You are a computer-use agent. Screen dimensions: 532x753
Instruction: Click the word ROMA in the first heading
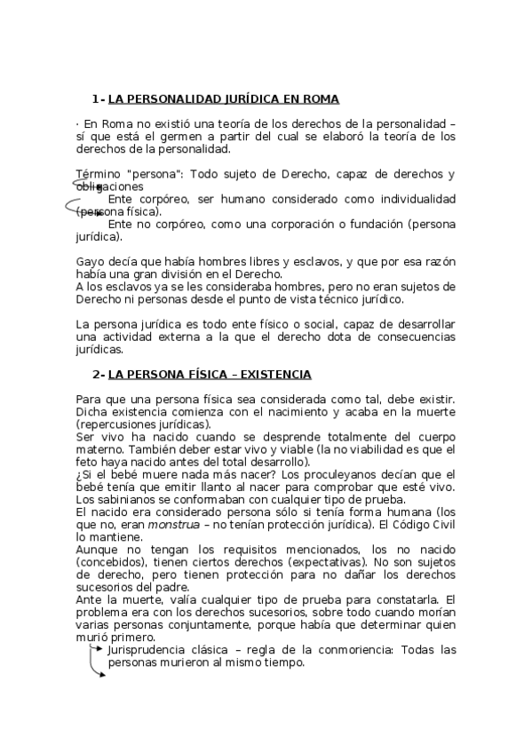pyautogui.click(x=319, y=99)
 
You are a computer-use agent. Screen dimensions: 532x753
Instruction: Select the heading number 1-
pyautogui.click(x=98, y=99)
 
